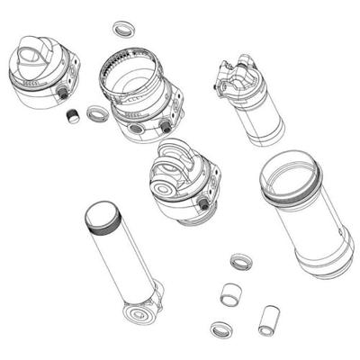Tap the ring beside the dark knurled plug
(x=96, y=113)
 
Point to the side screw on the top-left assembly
(x=64, y=92)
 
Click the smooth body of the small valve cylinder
(x=262, y=117)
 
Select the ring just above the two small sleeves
(x=240, y=262)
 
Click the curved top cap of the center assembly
(x=175, y=162)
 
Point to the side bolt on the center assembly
(x=204, y=204)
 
